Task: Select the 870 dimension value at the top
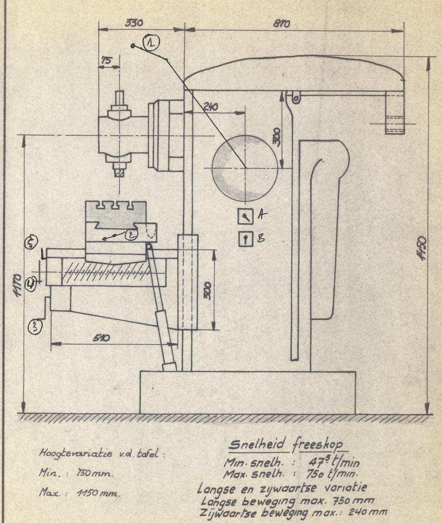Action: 282,24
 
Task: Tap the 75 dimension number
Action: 107,60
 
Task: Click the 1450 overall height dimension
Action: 422,248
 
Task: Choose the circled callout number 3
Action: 35,326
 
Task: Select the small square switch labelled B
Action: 244,239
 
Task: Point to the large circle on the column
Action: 245,167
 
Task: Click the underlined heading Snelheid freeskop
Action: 285,444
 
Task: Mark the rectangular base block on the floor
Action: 247,392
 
